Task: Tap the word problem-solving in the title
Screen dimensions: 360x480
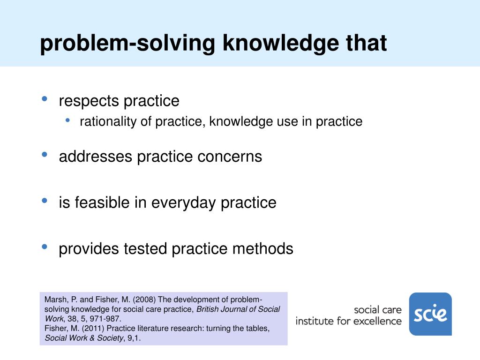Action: pyautogui.click(x=127, y=44)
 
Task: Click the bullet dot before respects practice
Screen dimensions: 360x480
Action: pyautogui.click(x=45, y=98)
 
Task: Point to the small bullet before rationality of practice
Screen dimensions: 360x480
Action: pyautogui.click(x=68, y=120)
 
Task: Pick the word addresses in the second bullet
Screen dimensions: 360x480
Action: pyautogui.click(x=96, y=156)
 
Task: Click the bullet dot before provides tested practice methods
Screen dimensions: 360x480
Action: pyautogui.click(x=45, y=247)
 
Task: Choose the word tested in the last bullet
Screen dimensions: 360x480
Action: pyautogui.click(x=145, y=249)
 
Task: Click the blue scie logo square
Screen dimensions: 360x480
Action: pyautogui.click(x=430, y=314)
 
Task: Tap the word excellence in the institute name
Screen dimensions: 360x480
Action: pyautogui.click(x=379, y=321)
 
